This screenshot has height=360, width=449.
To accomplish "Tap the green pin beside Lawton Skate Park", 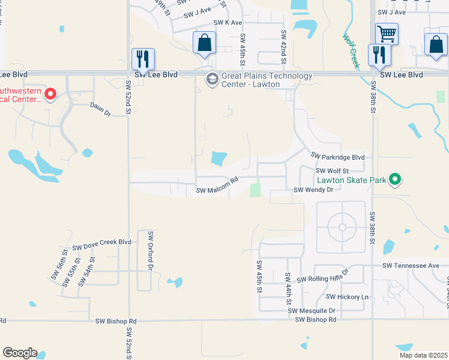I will point(395,179).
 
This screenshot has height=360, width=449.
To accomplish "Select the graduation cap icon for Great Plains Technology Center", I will point(212,79).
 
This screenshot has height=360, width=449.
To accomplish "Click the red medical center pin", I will point(50,94).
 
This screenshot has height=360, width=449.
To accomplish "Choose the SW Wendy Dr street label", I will point(313,190).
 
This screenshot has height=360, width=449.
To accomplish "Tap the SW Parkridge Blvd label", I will point(337,155).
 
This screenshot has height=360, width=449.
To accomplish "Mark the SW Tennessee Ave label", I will point(411,265).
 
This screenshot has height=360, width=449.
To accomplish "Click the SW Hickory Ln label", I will point(347,297).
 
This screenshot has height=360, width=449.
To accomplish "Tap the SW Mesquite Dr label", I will point(311,310).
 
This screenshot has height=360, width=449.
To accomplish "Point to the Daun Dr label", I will point(100,112).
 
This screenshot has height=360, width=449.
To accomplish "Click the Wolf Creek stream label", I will point(351,51).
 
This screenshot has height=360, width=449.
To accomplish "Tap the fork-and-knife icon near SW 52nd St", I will point(143,59).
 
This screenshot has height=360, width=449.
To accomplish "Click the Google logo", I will point(20,353).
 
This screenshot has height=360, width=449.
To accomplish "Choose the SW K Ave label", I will point(228,23).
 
